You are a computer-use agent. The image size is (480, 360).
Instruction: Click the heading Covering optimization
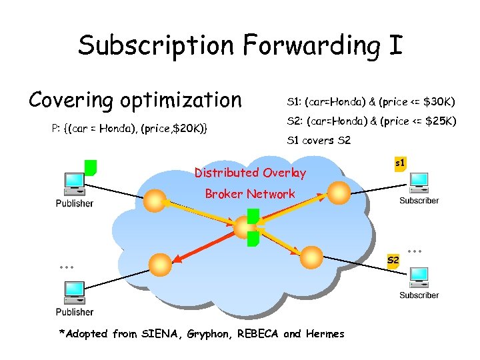pyautogui.click(x=135, y=100)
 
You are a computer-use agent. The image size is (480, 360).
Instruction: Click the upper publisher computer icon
pyautogui.click(x=73, y=183)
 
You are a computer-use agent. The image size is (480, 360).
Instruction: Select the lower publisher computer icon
pyautogui.click(x=73, y=293)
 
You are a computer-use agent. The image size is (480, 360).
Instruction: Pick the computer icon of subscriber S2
pyautogui.click(x=419, y=277)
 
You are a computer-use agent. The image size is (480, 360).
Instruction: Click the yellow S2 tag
pyautogui.click(x=393, y=259)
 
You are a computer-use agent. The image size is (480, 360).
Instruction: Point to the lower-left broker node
pyautogui.click(x=158, y=263)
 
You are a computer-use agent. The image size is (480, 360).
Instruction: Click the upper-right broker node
pyautogui.click(x=337, y=192)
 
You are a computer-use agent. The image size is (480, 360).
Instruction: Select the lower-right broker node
pyautogui.click(x=310, y=255)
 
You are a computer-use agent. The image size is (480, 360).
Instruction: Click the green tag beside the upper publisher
pyautogui.click(x=91, y=167)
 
